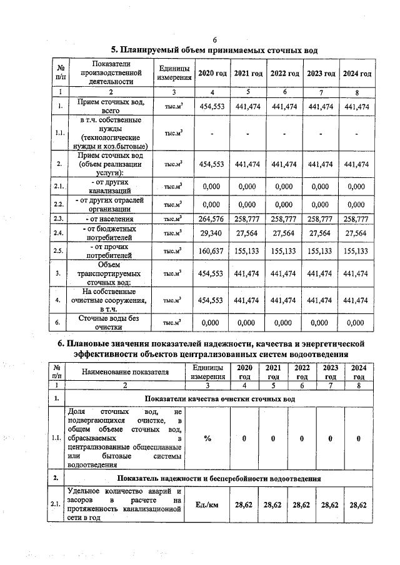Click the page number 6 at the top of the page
coord(214,39)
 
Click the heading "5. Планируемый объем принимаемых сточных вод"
coord(214,50)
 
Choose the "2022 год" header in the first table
coord(284,74)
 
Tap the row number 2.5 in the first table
coord(59,251)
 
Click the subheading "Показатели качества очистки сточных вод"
coord(219,398)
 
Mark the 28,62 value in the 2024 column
coord(359,504)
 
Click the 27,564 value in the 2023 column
coord(321,233)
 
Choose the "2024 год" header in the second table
coord(359,372)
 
